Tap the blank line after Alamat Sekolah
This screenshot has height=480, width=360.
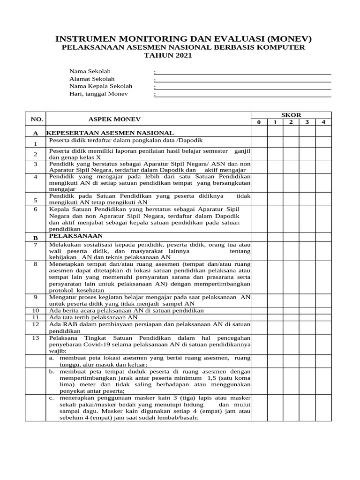tap(243, 79)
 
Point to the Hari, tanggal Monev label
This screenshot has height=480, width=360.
tap(98, 94)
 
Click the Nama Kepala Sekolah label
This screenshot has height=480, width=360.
tap(101, 86)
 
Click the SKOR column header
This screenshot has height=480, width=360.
tap(291, 115)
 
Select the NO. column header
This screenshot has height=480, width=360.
tap(37, 120)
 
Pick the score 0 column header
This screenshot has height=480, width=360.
tap(258, 123)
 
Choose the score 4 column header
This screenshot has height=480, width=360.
tap(323, 123)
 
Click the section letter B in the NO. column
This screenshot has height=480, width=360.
tap(35, 238)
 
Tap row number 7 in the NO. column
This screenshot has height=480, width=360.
tap(35, 245)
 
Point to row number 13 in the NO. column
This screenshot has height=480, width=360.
tap(35, 338)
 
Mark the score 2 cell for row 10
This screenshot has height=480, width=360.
tap(291, 310)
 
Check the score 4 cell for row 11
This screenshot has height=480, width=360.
tap(323, 317)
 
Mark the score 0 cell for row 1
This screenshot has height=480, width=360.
tap(258, 142)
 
